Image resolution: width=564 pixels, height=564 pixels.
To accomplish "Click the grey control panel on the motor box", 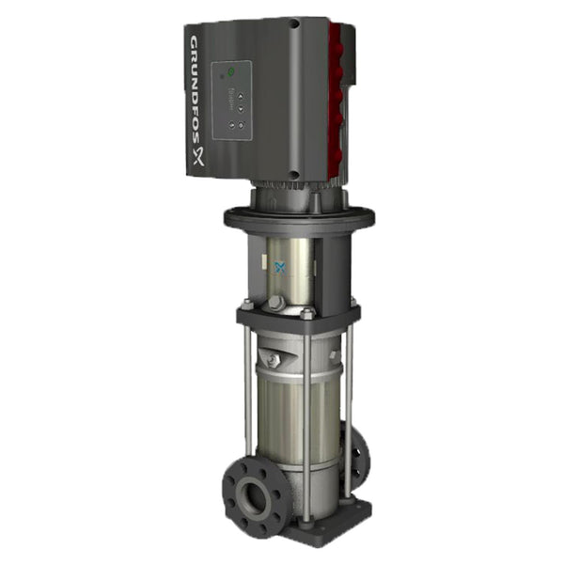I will coord(232,97).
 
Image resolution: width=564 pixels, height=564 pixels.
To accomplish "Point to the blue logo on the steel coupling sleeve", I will coord(279,268).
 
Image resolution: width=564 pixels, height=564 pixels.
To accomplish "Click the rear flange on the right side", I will coord(359,456).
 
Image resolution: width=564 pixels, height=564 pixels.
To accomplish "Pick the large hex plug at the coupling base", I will coord(275,304).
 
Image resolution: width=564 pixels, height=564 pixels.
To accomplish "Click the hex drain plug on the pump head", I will coord(274,361).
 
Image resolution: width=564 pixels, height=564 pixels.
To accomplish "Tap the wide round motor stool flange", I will coord(298,218).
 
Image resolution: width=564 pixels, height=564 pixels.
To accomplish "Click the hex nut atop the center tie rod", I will coord(306,315).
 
